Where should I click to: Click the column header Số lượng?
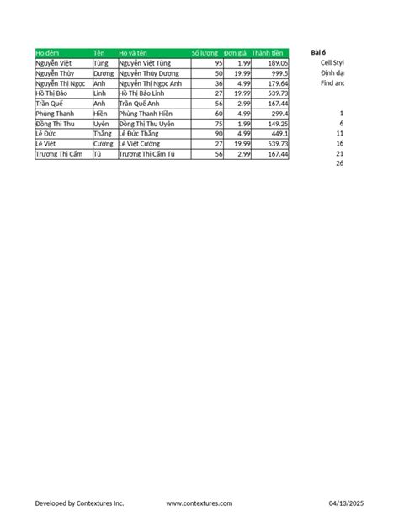tap(206, 53)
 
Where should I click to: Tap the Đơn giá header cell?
tap(235, 53)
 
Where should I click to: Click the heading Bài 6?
tap(318, 53)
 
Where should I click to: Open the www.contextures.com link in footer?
tap(199, 503)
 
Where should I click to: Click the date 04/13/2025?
tap(346, 503)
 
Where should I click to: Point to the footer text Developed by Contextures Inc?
tap(79, 503)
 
